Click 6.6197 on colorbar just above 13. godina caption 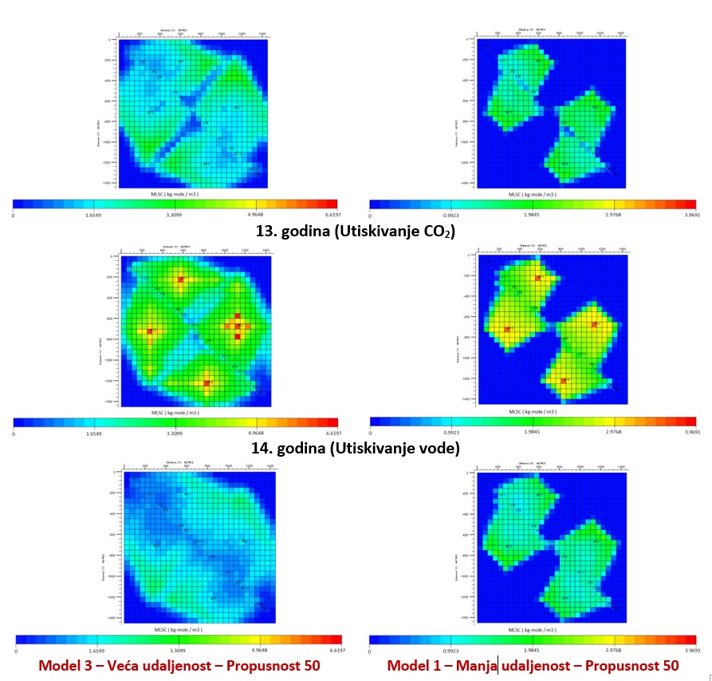click(x=329, y=215)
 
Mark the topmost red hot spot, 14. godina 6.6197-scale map click(x=181, y=279)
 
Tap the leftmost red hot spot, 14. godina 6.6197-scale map click(x=150, y=331)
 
